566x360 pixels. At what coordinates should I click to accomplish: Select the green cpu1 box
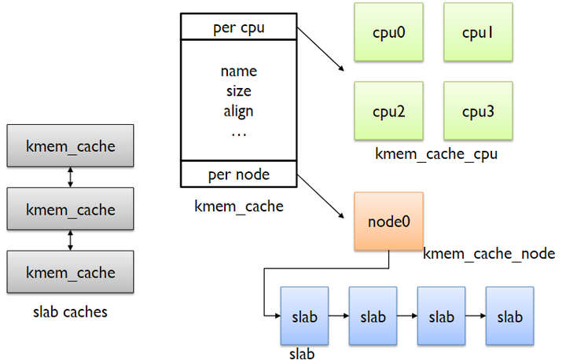click(x=472, y=32)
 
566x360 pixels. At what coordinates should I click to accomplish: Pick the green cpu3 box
click(x=472, y=111)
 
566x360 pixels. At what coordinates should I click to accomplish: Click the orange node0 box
click(x=389, y=221)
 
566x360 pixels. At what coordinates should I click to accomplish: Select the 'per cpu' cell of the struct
click(x=239, y=28)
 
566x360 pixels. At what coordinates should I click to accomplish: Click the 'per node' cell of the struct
click(x=239, y=174)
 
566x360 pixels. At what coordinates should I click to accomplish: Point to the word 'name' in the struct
click(x=239, y=72)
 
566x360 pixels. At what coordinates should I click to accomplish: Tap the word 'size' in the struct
click(x=239, y=91)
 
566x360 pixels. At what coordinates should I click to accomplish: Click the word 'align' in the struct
click(x=239, y=111)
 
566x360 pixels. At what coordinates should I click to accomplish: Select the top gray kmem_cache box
click(x=71, y=147)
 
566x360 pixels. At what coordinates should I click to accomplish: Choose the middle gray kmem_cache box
click(x=71, y=210)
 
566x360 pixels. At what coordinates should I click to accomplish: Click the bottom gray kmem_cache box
click(x=71, y=273)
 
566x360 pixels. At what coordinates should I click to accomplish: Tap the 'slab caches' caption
click(x=70, y=312)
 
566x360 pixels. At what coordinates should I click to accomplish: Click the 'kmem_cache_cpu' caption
click(x=436, y=154)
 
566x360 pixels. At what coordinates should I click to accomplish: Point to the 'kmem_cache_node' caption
click(x=489, y=253)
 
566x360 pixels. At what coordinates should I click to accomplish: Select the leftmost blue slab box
click(x=304, y=317)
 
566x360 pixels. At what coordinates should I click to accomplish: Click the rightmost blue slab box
click(x=509, y=317)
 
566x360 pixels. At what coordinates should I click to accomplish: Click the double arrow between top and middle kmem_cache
click(x=71, y=178)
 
